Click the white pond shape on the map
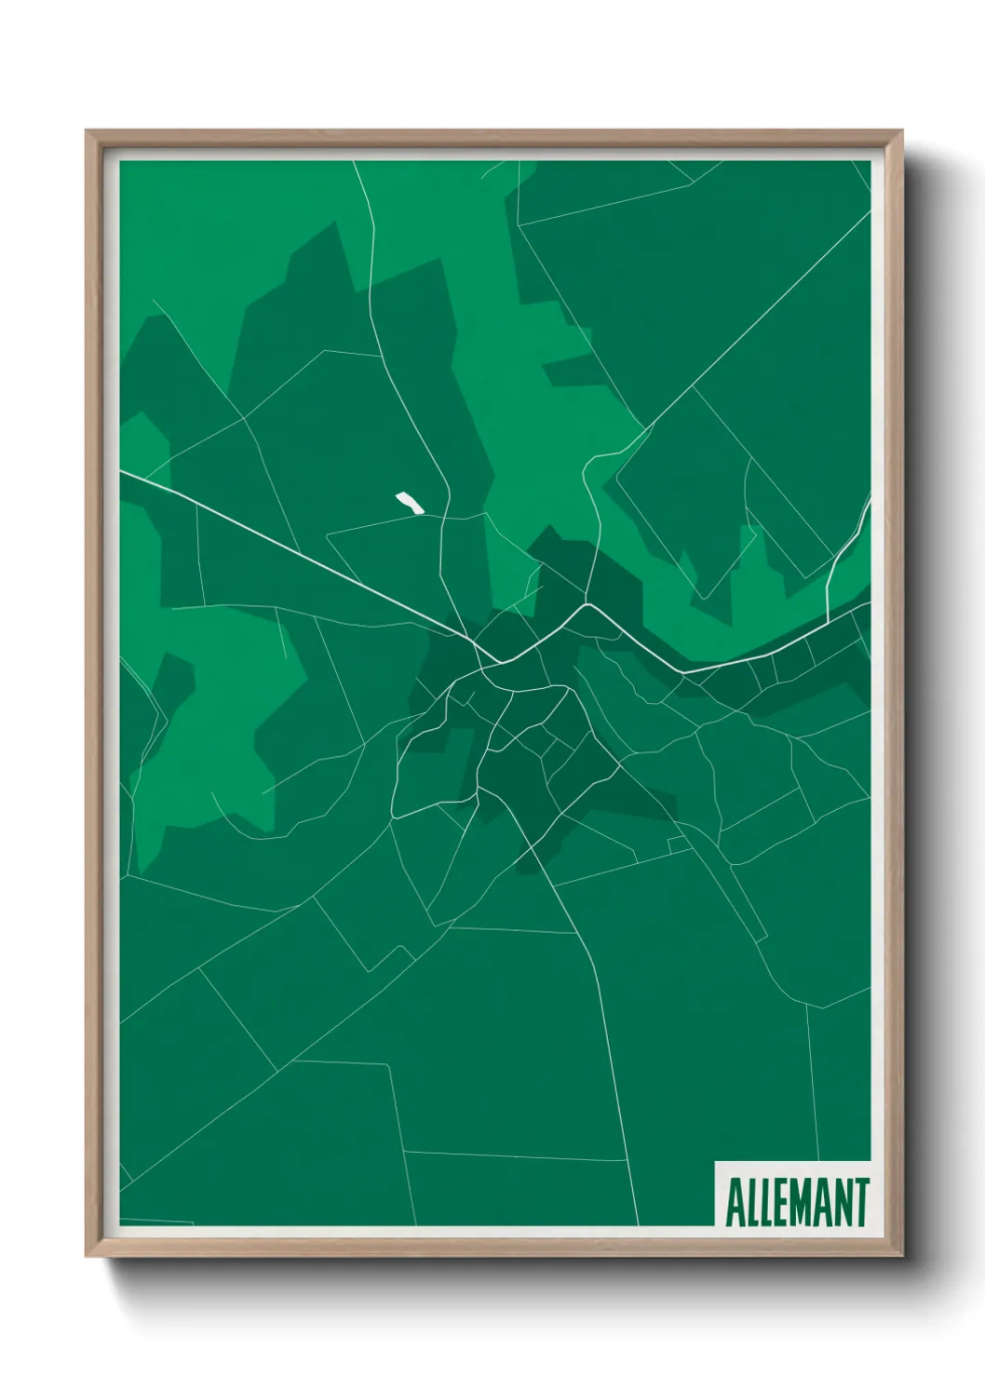(x=410, y=503)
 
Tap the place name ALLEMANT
(x=796, y=1202)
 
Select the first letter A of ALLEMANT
(x=733, y=1202)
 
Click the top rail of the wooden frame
(x=493, y=137)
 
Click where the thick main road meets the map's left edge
(x=122, y=472)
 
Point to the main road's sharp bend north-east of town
(x=587, y=606)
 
